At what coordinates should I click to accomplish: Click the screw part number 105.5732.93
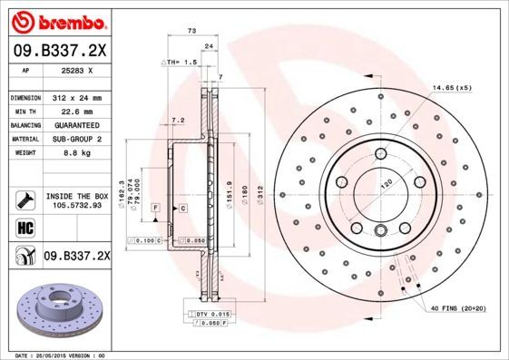76,206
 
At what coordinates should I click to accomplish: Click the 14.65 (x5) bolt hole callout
453,86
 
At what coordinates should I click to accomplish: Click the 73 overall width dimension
192,32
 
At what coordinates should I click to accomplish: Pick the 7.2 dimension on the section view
178,119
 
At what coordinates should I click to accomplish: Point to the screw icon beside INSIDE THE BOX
24,200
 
